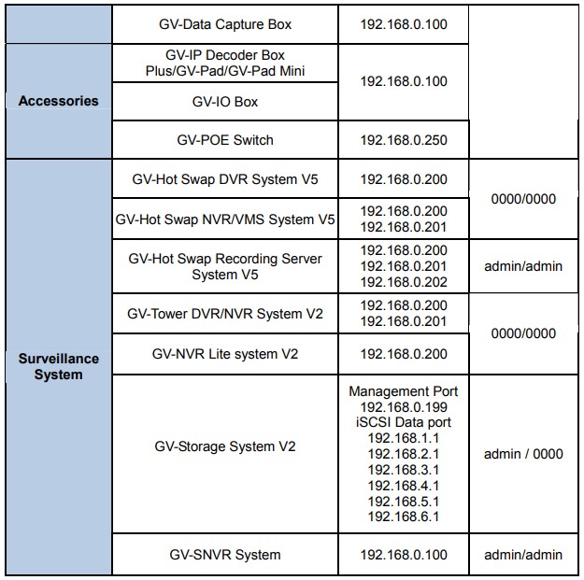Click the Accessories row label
59,101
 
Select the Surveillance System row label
59,366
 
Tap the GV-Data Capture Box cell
225,24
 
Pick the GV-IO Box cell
225,102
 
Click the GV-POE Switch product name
225,140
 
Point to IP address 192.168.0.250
404,140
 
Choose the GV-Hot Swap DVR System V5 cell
225,179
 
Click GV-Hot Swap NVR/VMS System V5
225,219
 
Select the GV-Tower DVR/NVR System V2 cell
225,314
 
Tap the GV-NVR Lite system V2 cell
225,354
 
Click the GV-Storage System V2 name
225,446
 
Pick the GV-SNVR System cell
225,554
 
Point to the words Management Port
404,391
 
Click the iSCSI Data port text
404,422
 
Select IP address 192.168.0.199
404,407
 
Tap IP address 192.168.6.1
404,516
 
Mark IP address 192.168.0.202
404,282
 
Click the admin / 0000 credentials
523,454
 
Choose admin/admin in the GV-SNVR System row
523,554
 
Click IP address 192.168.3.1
404,470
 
